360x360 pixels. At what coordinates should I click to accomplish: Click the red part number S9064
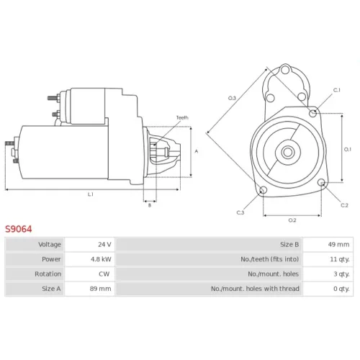point(19,229)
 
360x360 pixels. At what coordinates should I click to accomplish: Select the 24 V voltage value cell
point(104,244)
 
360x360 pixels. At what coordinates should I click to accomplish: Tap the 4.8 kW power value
point(101,259)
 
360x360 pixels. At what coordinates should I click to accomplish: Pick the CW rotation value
point(104,274)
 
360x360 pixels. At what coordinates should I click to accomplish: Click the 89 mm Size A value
point(100,289)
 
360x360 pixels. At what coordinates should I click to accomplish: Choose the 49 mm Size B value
point(338,244)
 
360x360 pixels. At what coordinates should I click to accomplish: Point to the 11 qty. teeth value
point(340,259)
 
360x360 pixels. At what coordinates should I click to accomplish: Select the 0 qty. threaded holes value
point(341,289)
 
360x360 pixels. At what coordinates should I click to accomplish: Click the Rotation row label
point(48,274)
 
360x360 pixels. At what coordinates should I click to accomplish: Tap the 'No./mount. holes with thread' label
point(255,289)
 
